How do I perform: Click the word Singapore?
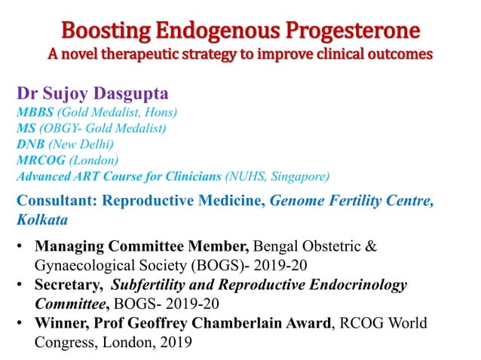[305, 177]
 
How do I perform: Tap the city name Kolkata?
[42, 220]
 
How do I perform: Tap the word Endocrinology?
[354, 285]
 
